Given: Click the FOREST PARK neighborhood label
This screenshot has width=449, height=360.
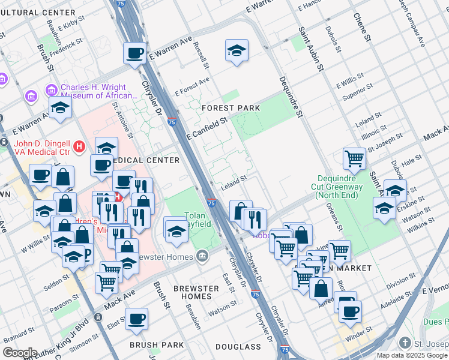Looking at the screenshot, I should tap(231, 108).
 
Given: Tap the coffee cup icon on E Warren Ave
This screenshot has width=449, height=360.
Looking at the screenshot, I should tap(135, 53).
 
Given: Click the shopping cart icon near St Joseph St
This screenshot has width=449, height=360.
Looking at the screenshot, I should tap(354, 158).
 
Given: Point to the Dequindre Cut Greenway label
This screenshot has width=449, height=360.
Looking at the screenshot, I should tap(345, 182).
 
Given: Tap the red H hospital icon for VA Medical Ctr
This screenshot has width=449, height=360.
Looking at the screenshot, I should tap(78, 146).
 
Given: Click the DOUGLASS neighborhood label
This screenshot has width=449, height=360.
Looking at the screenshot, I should tap(238, 347).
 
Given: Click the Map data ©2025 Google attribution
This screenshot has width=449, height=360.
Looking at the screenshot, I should tap(412, 355).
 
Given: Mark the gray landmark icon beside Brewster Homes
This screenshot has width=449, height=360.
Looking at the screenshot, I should tap(203, 257).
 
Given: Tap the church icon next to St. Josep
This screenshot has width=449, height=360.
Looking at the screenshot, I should tap(406, 344).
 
